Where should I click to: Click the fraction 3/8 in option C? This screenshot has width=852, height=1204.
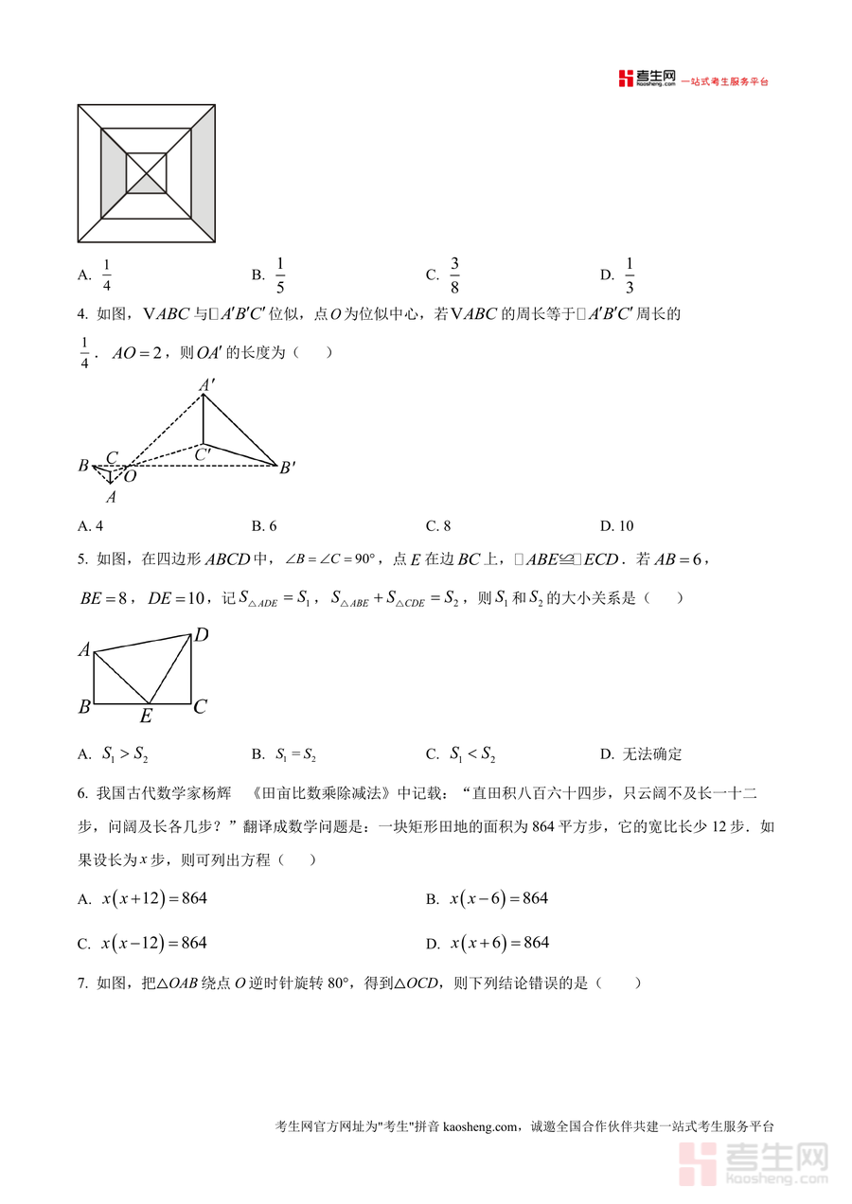(454, 275)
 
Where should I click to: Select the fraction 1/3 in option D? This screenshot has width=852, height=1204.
(630, 275)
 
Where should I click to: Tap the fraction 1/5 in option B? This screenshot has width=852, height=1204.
(280, 275)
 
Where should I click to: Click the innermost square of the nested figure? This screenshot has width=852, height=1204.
(146, 172)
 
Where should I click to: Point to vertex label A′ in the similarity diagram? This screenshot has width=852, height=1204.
(205, 385)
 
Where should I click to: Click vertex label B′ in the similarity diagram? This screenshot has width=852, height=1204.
(288, 467)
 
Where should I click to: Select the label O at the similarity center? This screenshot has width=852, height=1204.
(131, 476)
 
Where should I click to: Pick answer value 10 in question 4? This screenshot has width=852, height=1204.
(625, 526)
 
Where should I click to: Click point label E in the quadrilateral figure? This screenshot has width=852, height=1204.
(146, 717)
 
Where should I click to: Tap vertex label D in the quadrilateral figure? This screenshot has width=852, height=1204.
(201, 635)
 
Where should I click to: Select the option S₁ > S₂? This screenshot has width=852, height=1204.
(125, 754)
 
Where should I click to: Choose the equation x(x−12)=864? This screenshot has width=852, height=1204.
(154, 943)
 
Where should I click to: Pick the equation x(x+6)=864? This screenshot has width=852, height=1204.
(499, 943)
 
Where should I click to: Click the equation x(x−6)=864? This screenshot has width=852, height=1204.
(499, 898)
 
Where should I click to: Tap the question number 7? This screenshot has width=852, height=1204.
(82, 983)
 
